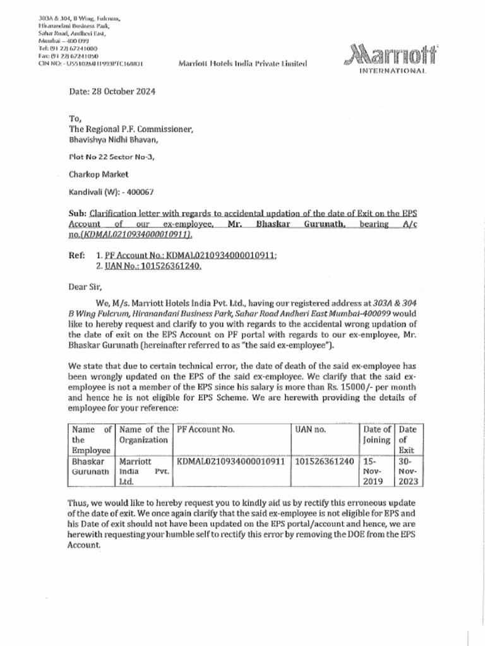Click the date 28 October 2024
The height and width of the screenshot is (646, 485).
click(112, 91)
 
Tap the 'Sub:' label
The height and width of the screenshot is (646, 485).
click(78, 214)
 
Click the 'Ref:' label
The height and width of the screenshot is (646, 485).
click(77, 255)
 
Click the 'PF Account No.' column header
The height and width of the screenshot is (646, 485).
click(206, 429)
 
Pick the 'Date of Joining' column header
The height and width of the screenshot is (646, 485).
click(376, 435)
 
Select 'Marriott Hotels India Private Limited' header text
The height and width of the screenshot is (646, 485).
click(243, 63)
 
